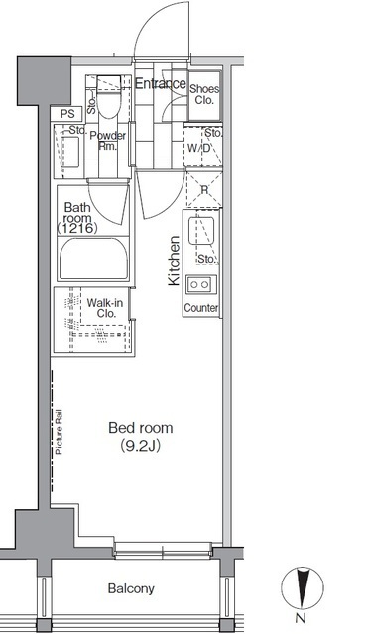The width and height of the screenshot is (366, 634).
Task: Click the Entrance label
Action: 161,83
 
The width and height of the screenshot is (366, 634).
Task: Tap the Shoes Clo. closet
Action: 204,95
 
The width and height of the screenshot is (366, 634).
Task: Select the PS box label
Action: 67,114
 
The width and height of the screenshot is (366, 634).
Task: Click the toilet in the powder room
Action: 108,97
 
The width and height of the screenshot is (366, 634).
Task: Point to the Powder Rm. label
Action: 108,141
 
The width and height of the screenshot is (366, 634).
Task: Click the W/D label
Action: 198,148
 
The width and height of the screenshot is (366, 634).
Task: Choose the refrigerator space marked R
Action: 204,190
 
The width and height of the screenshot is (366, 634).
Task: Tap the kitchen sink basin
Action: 201,230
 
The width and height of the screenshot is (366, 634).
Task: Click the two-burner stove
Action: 200,284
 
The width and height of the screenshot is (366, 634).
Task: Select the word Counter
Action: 201,308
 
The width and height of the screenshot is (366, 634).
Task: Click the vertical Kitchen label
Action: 174,261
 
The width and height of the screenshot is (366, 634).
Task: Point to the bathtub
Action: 93,259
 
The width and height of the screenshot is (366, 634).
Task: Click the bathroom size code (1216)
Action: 77,229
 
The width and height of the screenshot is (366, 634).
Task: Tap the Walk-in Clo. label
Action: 105,308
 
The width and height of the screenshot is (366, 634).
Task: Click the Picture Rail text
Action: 59,432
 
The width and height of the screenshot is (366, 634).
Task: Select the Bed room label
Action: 141,428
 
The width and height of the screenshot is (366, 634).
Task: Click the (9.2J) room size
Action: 141,446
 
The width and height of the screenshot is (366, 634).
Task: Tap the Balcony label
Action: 131,588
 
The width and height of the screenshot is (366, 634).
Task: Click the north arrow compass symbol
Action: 303,587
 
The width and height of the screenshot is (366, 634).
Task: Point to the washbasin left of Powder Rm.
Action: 69,152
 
